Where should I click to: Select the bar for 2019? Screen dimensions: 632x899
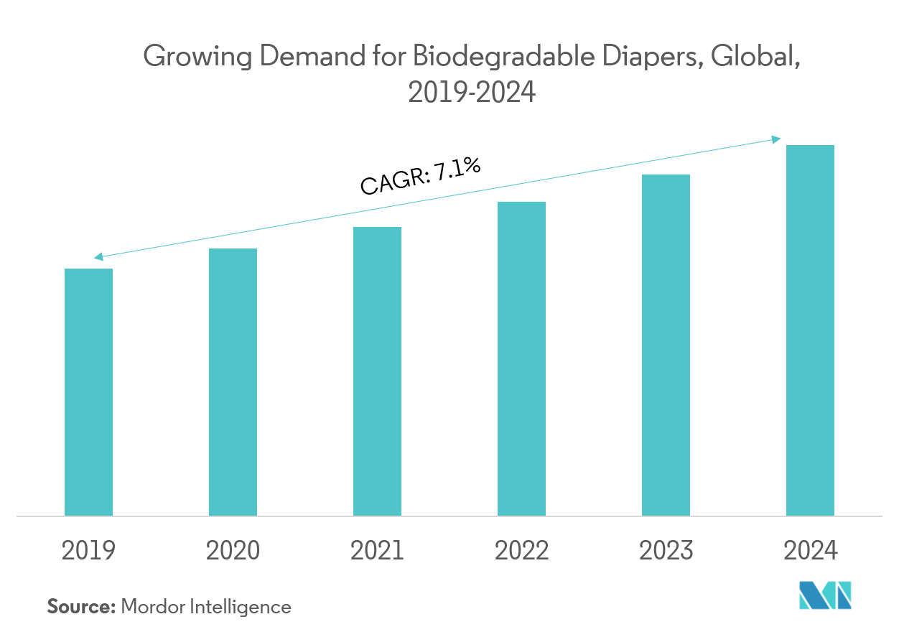pyautogui.click(x=88, y=392)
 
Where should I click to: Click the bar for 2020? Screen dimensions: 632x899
pyautogui.click(x=233, y=382)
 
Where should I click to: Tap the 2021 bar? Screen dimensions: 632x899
pyautogui.click(x=377, y=371)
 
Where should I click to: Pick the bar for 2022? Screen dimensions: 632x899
pyautogui.click(x=521, y=358)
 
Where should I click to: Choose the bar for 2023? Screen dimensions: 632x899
pyautogui.click(x=666, y=345)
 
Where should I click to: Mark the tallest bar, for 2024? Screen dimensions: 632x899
pyautogui.click(x=810, y=330)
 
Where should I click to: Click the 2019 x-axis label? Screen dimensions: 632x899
pyautogui.click(x=88, y=551)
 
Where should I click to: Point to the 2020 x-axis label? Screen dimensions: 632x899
pyautogui.click(x=233, y=551)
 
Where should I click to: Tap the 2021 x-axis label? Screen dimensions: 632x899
pyautogui.click(x=377, y=551)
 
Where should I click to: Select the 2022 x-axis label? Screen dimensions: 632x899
pyautogui.click(x=521, y=551)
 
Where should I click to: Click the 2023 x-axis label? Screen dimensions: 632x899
pyautogui.click(x=666, y=551)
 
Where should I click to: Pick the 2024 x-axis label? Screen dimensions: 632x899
pyautogui.click(x=810, y=551)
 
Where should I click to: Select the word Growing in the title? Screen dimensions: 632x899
pyautogui.click(x=197, y=57)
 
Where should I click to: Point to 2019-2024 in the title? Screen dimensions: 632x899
pyautogui.click(x=472, y=92)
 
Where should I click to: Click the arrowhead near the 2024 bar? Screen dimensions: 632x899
pyautogui.click(x=776, y=139)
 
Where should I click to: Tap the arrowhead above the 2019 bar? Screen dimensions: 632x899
pyautogui.click(x=98, y=256)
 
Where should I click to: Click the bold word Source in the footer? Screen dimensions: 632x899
pyautogui.click(x=80, y=607)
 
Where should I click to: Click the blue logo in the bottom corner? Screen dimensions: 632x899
pyautogui.click(x=825, y=595)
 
